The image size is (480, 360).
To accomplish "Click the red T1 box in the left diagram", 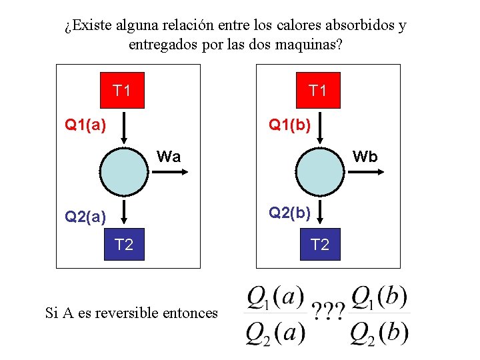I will click(x=122, y=90).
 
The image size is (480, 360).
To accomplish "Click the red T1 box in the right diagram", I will click(x=318, y=90).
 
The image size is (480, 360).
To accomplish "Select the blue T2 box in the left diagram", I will click(x=124, y=245).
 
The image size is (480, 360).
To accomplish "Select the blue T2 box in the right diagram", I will click(x=319, y=245).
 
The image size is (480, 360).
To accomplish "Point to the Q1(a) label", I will click(x=85, y=124).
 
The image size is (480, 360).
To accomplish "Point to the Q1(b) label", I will click(x=289, y=124).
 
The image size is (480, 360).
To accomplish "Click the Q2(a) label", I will click(x=85, y=216).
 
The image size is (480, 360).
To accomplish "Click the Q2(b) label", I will click(x=289, y=213).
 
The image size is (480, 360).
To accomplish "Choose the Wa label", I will click(x=169, y=157).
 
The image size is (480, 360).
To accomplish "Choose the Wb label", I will click(x=365, y=157).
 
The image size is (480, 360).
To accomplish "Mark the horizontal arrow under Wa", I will click(x=169, y=171).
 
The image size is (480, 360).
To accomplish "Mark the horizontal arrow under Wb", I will click(x=364, y=171).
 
